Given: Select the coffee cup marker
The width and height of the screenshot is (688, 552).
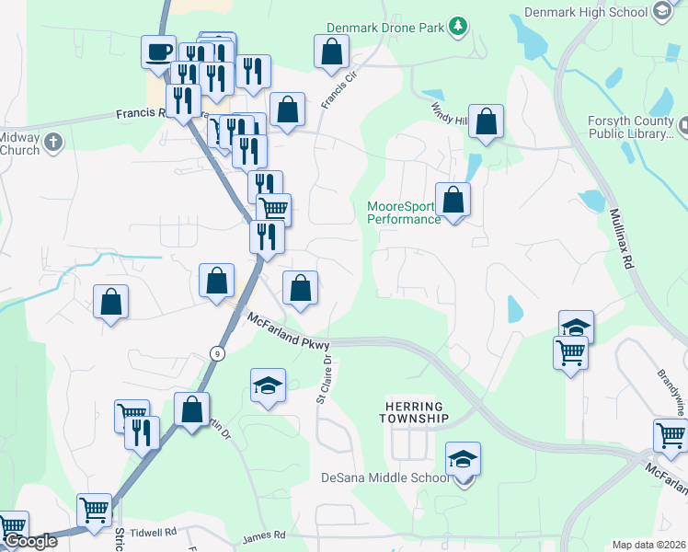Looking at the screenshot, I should [x=158, y=51].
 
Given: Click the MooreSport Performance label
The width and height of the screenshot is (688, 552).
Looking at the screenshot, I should [x=404, y=213].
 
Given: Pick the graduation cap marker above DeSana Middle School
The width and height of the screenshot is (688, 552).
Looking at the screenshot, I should [x=464, y=458].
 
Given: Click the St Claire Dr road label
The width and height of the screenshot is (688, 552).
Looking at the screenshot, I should [x=324, y=380].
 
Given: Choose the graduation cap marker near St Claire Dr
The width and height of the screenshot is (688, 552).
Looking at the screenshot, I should [x=268, y=385].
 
